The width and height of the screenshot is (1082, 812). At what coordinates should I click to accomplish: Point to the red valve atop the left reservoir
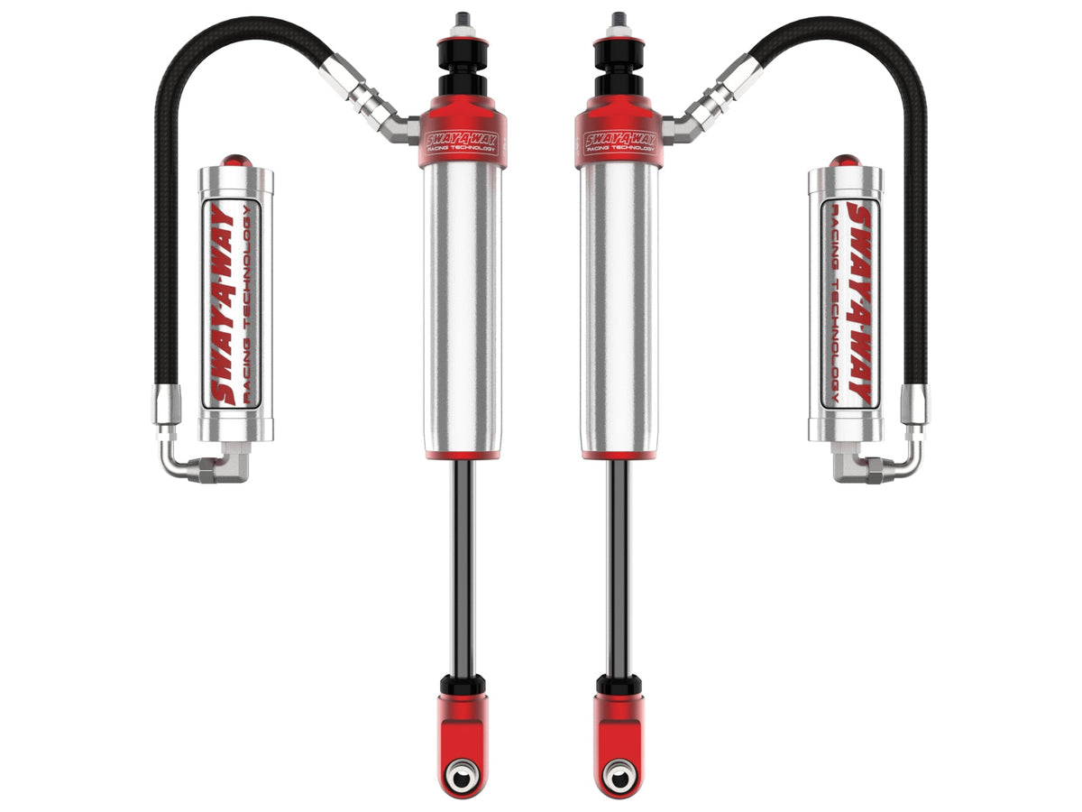point(235,161)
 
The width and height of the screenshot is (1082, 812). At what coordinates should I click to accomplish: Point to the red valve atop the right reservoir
point(846,161)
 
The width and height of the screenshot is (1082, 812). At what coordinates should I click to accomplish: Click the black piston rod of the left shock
point(463,568)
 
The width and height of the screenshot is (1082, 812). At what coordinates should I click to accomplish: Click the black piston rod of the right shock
point(619,568)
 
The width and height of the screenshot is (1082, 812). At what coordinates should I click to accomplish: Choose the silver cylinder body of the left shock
point(461,307)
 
